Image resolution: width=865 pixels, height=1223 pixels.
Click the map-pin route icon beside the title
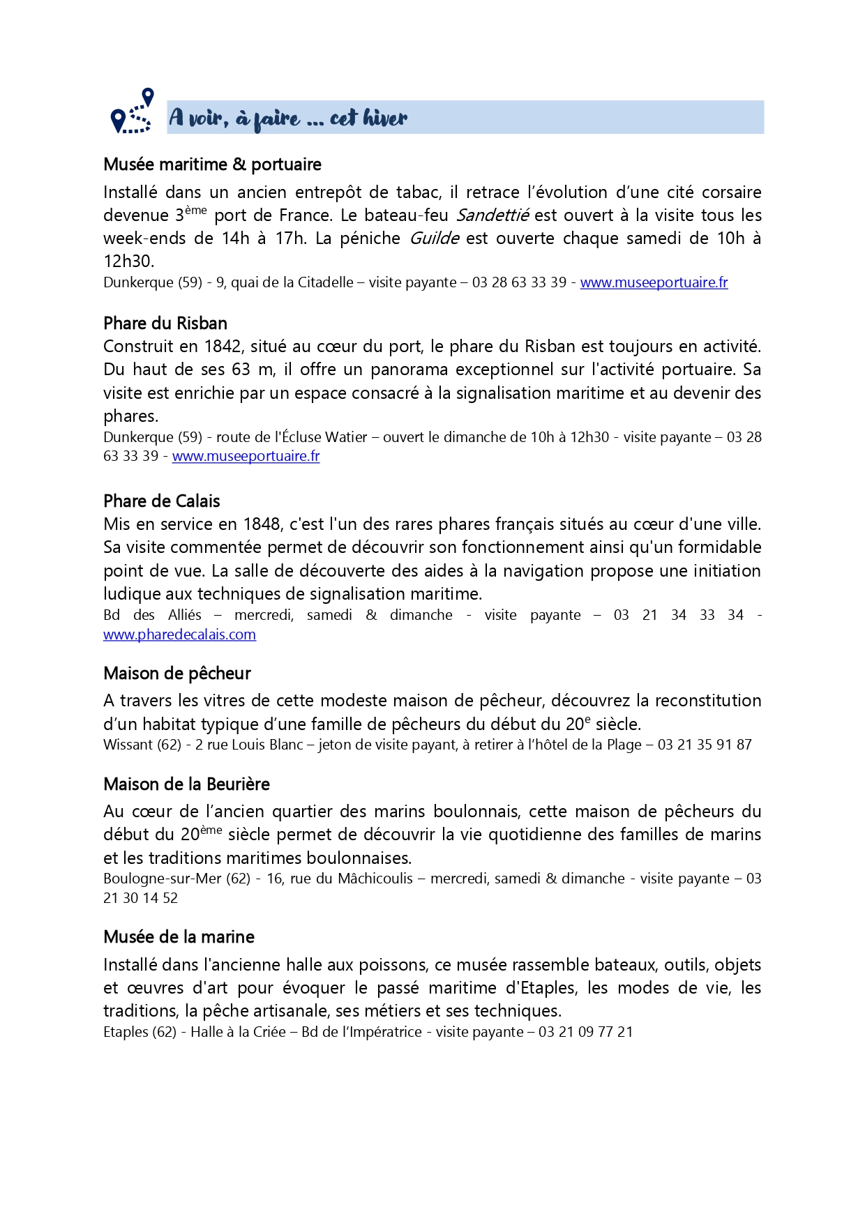[132, 112]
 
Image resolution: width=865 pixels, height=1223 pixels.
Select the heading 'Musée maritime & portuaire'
[212, 165]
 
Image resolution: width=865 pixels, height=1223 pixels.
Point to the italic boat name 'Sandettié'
[492, 215]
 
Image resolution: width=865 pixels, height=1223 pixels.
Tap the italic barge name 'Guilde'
[434, 238]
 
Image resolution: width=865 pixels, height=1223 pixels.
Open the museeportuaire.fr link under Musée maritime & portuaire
[654, 282]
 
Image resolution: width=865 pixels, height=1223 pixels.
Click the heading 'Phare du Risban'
[165, 324]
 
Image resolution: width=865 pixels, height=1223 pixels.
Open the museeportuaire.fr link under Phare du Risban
[246, 456]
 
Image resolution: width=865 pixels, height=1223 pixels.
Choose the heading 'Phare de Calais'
[162, 501]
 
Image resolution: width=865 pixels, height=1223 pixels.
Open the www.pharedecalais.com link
[179, 635]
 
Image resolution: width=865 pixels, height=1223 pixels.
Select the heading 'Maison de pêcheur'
[177, 674]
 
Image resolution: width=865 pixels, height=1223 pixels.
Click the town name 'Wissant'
[128, 745]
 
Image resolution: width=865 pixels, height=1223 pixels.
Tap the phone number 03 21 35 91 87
[705, 745]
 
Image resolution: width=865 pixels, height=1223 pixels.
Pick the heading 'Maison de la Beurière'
[186, 784]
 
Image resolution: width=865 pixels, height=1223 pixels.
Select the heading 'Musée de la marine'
[179, 937]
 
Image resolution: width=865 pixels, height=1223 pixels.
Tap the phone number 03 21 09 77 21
[585, 1032]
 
